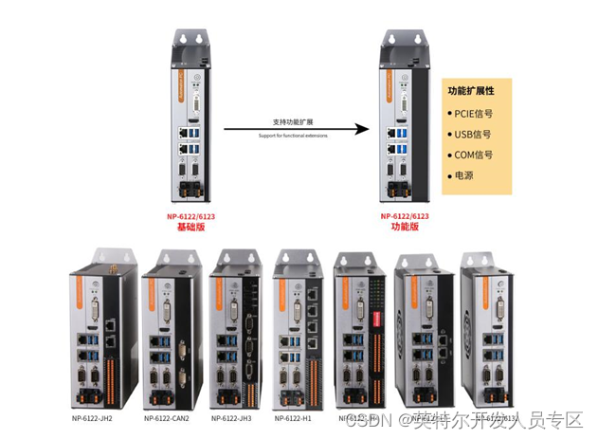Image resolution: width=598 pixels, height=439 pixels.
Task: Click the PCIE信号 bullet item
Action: click(473, 113)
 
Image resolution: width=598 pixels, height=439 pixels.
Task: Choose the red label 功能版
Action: click(405, 227)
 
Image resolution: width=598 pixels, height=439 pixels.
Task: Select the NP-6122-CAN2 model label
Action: click(167, 418)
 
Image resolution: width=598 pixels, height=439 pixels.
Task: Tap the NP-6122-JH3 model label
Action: click(232, 418)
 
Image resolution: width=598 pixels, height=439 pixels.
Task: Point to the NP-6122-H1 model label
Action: click(295, 418)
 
